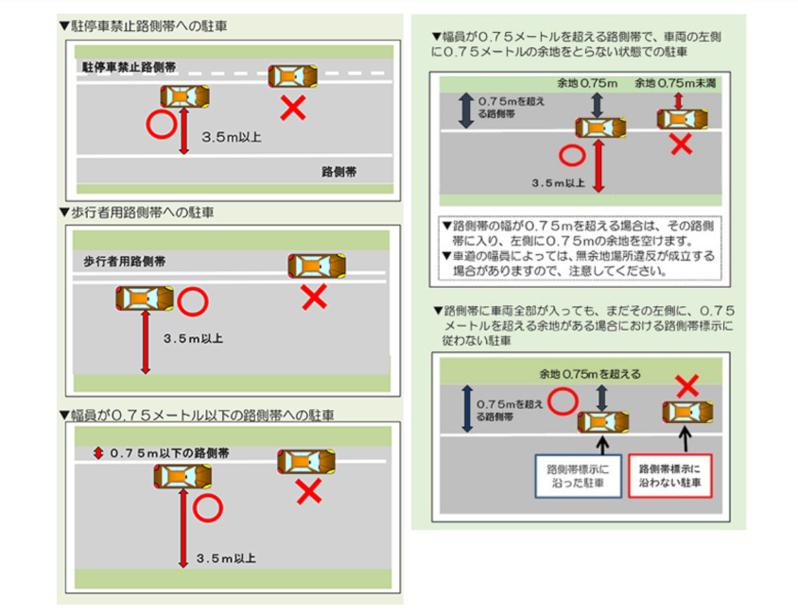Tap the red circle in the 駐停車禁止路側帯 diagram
161,124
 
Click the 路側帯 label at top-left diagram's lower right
338,172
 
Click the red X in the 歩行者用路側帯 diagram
313,298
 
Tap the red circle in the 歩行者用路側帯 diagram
192,302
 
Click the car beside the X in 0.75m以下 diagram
305,462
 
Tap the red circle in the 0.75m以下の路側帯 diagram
207,508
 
